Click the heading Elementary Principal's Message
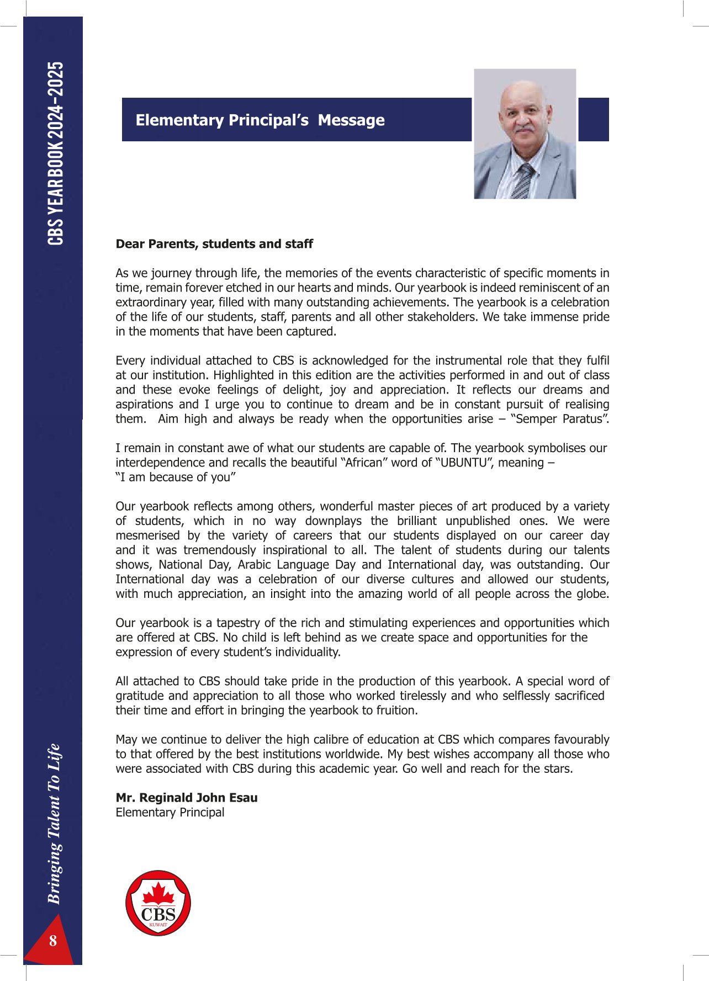point(260,120)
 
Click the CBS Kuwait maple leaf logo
point(158,903)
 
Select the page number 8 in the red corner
point(53,941)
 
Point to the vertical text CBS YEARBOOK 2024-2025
point(56,153)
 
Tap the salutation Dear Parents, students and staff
point(214,244)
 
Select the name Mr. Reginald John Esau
point(187,798)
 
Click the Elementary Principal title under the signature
point(170,813)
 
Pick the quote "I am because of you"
point(176,478)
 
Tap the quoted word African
point(364,463)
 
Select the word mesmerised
point(147,535)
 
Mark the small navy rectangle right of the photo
point(593,119)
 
